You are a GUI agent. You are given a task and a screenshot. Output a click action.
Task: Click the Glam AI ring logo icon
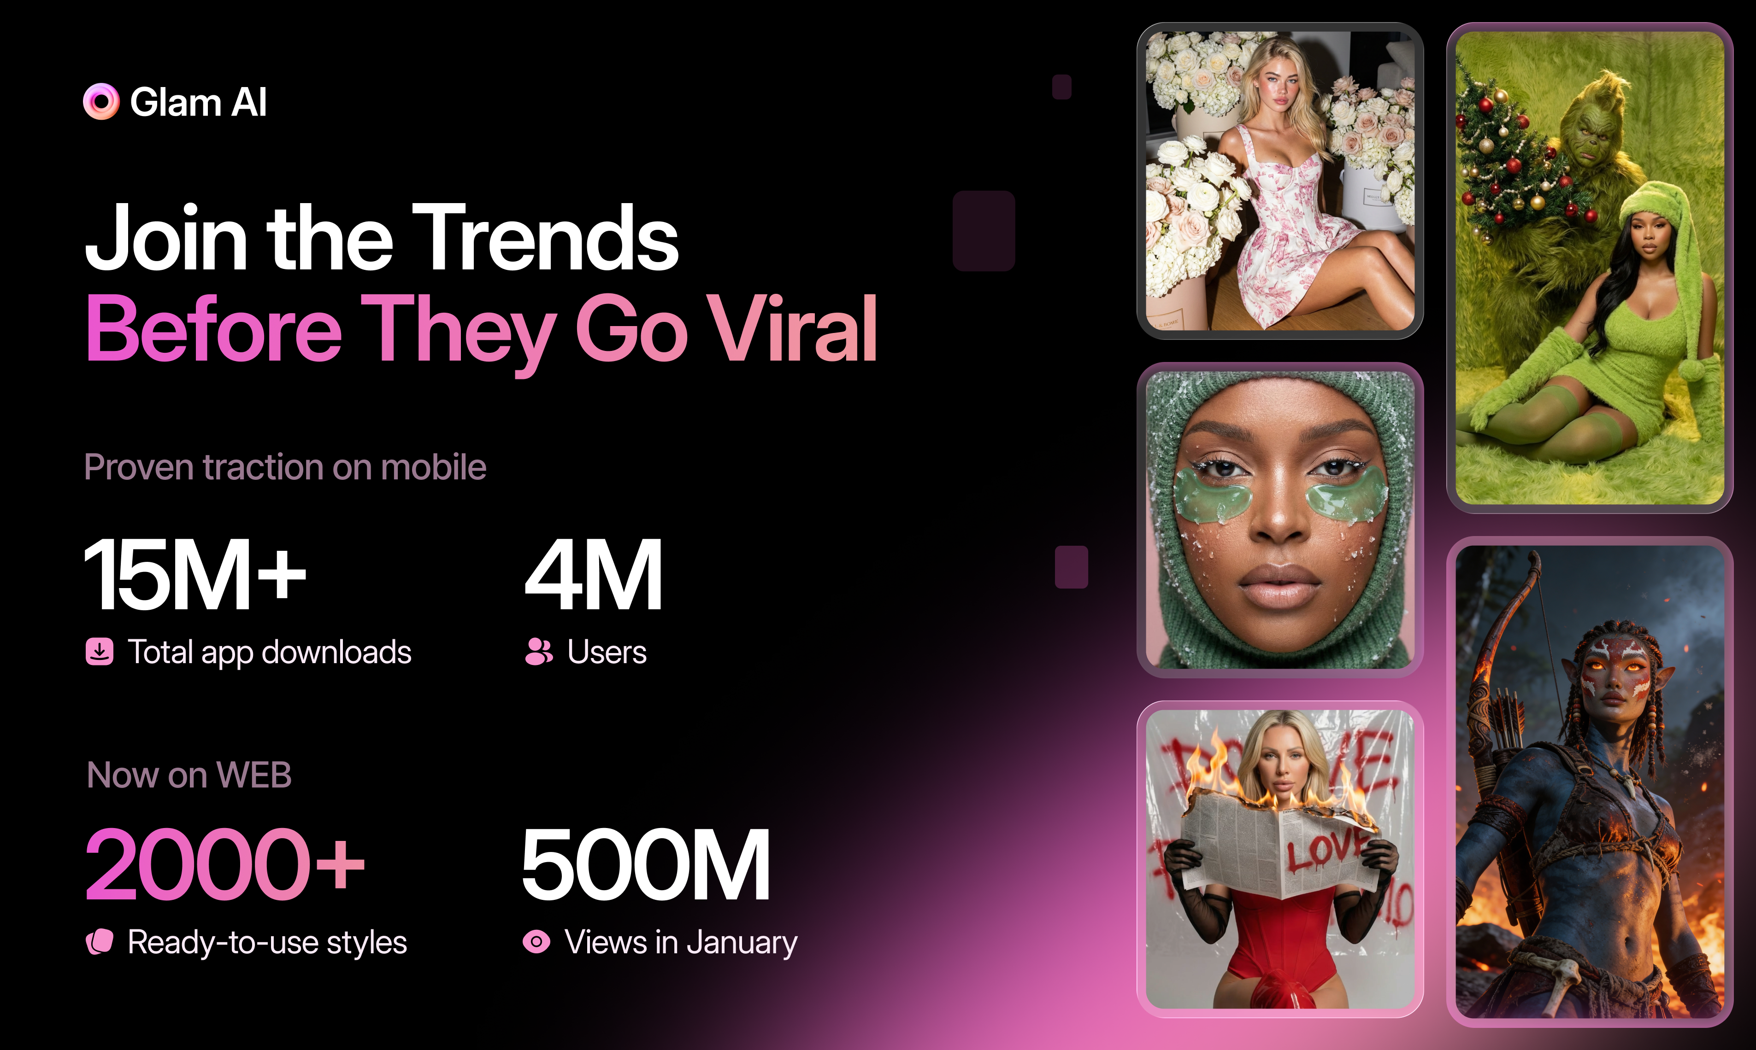tap(101, 101)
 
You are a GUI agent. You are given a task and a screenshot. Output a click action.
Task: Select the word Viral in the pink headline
tap(793, 328)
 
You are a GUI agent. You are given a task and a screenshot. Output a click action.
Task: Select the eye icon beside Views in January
tap(536, 942)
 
